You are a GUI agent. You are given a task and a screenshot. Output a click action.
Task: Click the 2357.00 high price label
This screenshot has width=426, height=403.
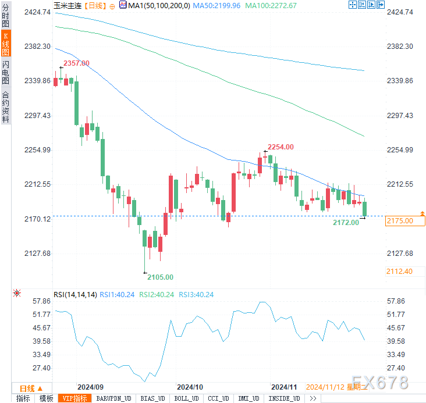pos(76,63)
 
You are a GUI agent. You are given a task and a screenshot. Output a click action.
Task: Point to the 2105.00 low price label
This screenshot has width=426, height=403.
pos(160,277)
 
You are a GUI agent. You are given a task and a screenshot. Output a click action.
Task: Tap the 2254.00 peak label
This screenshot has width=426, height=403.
pos(281,147)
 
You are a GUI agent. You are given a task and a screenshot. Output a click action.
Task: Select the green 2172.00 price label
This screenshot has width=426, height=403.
pos(346,222)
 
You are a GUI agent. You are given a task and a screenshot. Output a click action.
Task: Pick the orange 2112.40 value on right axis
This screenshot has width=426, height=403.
pos(399,271)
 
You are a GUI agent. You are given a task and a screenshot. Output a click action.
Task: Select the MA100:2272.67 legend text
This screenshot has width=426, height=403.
pos(271,5)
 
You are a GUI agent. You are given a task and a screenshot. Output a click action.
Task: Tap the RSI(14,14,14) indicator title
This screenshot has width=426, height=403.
pos(75,294)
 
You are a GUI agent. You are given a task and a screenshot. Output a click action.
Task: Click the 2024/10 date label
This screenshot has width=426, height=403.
pos(190,387)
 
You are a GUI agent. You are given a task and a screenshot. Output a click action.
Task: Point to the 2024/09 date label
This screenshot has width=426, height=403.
pos(90,387)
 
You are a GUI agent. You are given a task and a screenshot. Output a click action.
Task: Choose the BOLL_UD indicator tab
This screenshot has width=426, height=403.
pos(185,398)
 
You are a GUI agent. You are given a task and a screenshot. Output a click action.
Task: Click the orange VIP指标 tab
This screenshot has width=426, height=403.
pos(75,398)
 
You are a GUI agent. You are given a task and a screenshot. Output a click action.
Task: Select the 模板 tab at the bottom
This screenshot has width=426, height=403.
pos(46,398)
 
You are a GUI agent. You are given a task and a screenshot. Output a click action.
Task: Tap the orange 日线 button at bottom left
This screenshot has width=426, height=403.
pos(27,388)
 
